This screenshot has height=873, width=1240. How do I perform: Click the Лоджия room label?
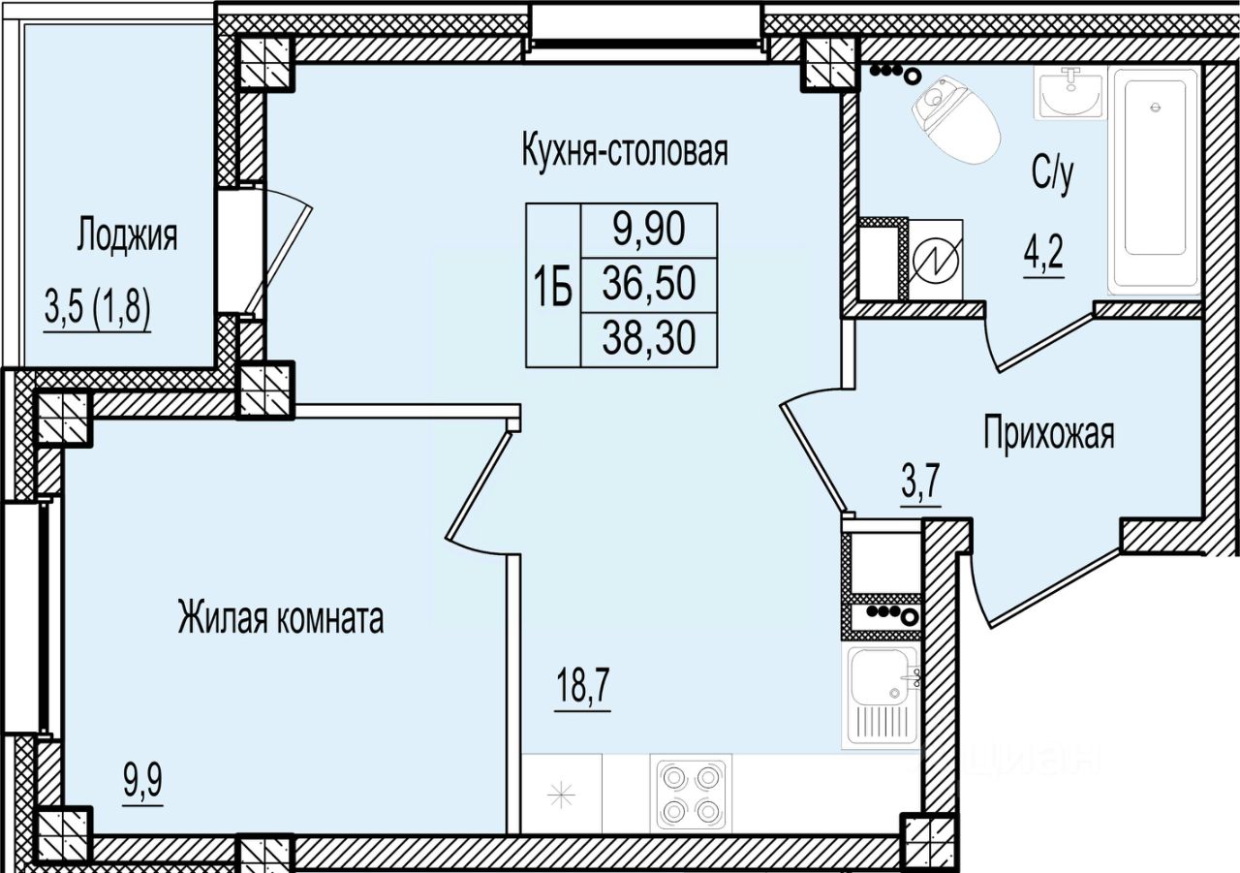point(127,236)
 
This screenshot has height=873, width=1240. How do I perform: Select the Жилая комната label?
point(281,619)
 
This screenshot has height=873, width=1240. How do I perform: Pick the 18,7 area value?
point(582,686)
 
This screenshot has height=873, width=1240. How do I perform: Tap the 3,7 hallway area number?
point(921,483)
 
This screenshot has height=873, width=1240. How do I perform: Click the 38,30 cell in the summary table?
point(649,339)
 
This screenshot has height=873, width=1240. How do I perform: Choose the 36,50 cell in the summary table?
point(649,284)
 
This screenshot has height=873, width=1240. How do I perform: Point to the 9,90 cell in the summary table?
point(649,230)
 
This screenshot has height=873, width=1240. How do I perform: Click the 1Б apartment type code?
point(553,285)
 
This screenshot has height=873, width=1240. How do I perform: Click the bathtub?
point(1155,181)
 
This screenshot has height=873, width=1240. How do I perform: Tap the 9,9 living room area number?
point(142,782)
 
